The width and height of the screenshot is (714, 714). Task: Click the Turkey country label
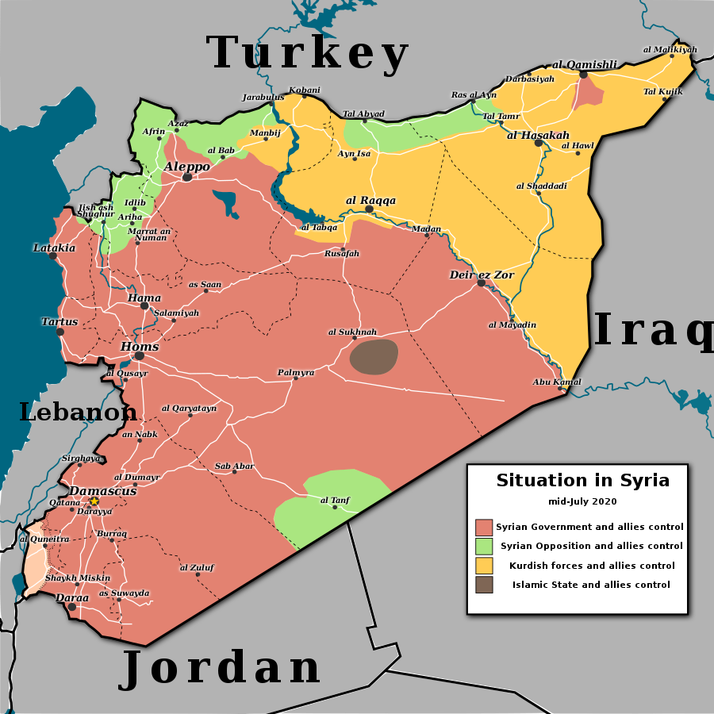308,54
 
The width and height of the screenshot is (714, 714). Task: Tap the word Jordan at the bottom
221,668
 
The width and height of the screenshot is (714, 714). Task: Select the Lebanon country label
78,412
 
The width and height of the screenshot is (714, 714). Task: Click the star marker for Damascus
94,501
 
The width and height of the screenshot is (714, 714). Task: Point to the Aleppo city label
187,167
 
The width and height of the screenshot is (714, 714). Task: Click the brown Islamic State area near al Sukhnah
374,356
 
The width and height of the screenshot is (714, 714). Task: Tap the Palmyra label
296,372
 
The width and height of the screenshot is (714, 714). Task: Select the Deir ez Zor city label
482,274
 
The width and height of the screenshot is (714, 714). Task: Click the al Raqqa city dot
369,209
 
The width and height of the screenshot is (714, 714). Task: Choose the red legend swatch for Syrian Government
484,528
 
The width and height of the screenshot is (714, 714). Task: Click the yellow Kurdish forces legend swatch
484,566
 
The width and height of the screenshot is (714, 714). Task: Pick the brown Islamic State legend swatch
484,585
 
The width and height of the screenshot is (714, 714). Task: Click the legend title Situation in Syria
582,480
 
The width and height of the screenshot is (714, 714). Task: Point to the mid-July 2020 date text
582,501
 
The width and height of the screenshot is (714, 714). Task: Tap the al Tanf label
335,500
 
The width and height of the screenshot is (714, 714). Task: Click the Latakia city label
54,248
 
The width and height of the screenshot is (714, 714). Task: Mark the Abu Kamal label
557,382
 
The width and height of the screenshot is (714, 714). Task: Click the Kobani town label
305,90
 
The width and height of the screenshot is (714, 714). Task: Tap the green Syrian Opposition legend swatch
484,547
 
